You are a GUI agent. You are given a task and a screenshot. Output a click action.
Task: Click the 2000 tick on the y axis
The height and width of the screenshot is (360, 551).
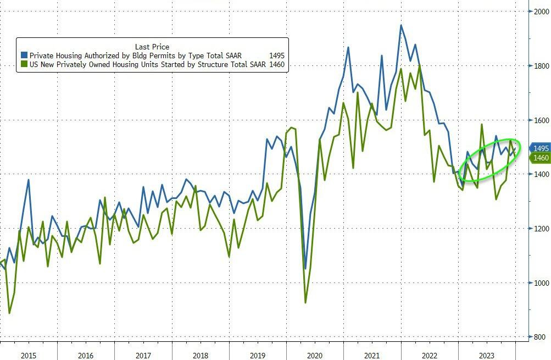tap(538, 12)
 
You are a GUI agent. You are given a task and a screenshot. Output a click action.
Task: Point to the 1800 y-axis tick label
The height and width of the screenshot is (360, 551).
tap(538, 66)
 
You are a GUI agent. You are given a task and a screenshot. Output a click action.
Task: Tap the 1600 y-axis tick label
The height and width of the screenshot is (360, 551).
tap(538, 120)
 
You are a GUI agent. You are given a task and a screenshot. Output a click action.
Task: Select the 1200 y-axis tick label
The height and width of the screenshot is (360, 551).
tap(538, 229)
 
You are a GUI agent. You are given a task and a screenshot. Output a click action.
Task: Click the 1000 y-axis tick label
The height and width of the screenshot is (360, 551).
tap(538, 283)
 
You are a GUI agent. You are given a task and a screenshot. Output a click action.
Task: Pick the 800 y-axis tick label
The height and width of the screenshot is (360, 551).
tap(538, 337)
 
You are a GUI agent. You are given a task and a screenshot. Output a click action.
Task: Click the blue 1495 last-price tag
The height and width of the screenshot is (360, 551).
tap(539, 148)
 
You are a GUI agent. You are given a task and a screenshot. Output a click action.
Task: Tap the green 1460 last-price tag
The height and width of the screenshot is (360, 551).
tap(539, 158)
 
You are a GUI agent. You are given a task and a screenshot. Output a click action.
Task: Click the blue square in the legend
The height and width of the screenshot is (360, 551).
tap(24, 56)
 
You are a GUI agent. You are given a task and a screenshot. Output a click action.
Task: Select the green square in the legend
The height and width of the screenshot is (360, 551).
tap(24, 65)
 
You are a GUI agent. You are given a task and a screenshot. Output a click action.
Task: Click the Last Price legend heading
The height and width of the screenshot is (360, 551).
tap(152, 47)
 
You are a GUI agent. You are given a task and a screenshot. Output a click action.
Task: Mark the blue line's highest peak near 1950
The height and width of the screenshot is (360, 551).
tap(400, 25)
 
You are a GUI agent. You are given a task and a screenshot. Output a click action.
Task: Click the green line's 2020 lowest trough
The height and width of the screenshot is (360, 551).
tap(305, 302)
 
